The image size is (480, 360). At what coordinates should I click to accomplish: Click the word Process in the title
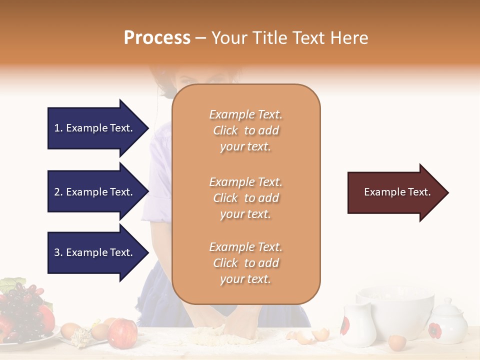tap(157, 38)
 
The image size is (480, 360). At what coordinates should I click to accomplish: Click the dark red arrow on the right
tap(397, 192)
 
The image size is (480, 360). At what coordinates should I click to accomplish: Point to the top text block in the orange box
tap(245, 130)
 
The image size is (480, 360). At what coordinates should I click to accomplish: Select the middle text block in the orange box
tap(245, 198)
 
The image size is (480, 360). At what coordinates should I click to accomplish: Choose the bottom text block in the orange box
tap(245, 263)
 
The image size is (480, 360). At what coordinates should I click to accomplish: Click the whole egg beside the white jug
tap(397, 342)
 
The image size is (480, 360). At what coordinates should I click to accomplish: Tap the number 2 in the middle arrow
tap(57, 192)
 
